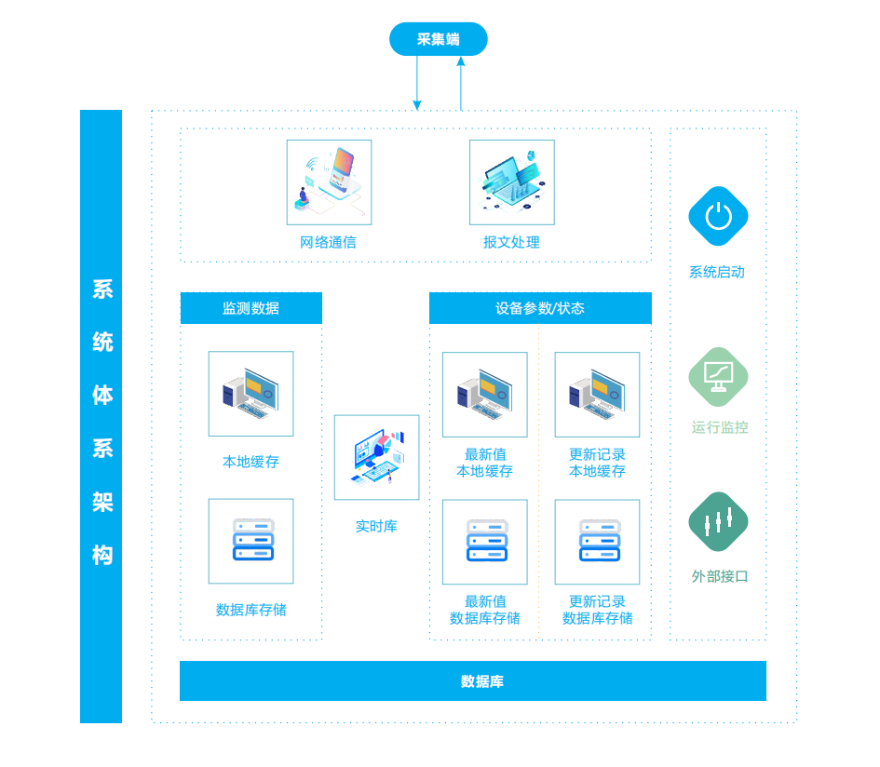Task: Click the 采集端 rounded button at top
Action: tap(439, 39)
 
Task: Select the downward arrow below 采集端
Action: tap(417, 83)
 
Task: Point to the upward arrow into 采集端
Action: tap(461, 83)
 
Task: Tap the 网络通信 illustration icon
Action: tap(329, 182)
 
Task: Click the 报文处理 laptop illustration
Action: tap(512, 182)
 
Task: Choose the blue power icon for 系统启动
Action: tap(718, 216)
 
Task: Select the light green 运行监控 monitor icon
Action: tap(718, 377)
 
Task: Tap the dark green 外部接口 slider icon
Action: tap(718, 522)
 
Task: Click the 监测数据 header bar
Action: tap(251, 308)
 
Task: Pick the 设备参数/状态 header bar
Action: tap(540, 308)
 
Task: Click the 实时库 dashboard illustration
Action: tap(376, 457)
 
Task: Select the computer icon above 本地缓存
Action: tap(250, 394)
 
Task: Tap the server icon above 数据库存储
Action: tap(250, 542)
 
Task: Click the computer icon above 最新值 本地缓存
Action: tap(485, 395)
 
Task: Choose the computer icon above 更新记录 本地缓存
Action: tap(597, 395)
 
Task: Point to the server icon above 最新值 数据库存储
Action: tap(485, 542)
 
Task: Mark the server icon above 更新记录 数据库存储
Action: tap(597, 542)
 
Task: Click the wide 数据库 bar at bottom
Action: tap(473, 681)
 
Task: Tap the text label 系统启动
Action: tap(717, 272)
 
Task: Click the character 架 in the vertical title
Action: tap(102, 502)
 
